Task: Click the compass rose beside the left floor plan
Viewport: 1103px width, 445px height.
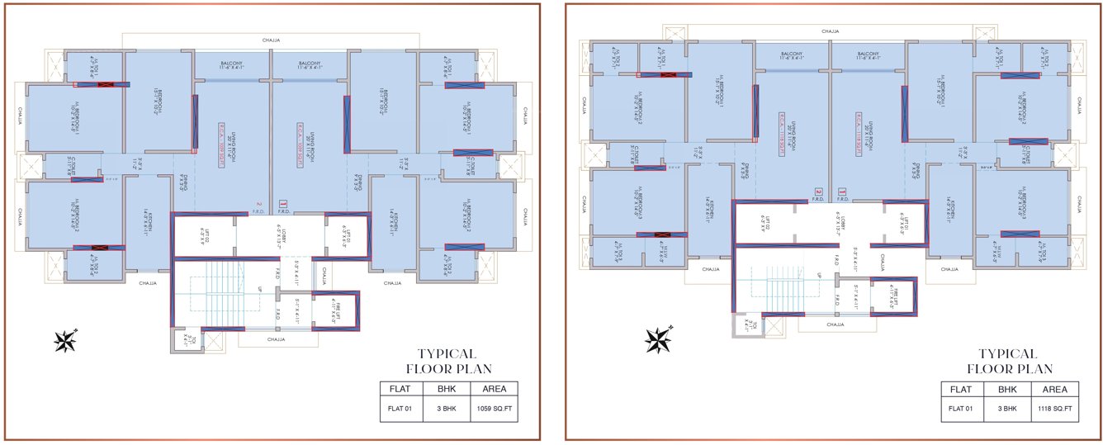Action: click(x=65, y=340)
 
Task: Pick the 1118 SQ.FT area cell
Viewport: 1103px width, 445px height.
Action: click(x=1056, y=409)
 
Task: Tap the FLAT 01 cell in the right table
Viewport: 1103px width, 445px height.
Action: click(x=960, y=409)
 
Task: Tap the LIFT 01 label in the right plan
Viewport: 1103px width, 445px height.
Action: click(x=903, y=223)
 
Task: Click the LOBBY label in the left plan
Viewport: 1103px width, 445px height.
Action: click(x=283, y=236)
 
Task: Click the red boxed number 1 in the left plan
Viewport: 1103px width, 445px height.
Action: click(x=282, y=202)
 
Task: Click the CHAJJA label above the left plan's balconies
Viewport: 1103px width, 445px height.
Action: click(x=272, y=39)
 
